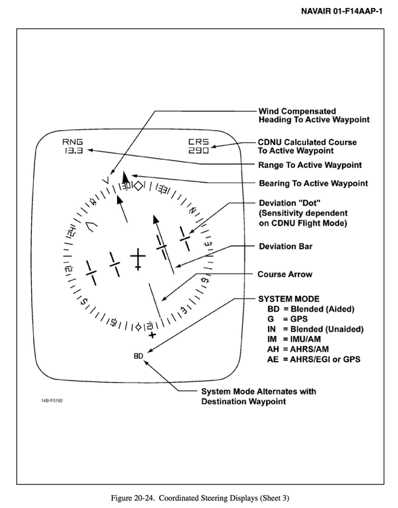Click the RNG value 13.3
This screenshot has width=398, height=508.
click(73, 150)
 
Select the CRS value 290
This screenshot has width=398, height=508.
click(198, 150)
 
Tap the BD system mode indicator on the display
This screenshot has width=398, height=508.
click(138, 356)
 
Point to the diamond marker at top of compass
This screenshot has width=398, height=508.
click(139, 186)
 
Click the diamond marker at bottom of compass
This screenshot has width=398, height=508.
click(138, 327)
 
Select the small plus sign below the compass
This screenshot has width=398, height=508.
click(152, 335)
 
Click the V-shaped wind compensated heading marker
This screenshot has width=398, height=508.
click(107, 179)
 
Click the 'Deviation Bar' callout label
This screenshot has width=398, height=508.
click(286, 247)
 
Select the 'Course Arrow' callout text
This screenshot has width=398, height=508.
click(285, 274)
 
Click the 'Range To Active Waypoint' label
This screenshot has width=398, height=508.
click(310, 165)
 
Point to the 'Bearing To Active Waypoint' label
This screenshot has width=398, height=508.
click(313, 184)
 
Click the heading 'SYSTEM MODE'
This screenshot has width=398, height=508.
click(289, 299)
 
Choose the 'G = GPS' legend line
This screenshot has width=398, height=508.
click(288, 319)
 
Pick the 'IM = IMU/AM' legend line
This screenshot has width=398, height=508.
click(294, 339)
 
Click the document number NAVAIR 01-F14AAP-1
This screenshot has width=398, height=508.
click(342, 12)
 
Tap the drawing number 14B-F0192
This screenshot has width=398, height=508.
click(52, 401)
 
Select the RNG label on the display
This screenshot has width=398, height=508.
click(73, 142)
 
